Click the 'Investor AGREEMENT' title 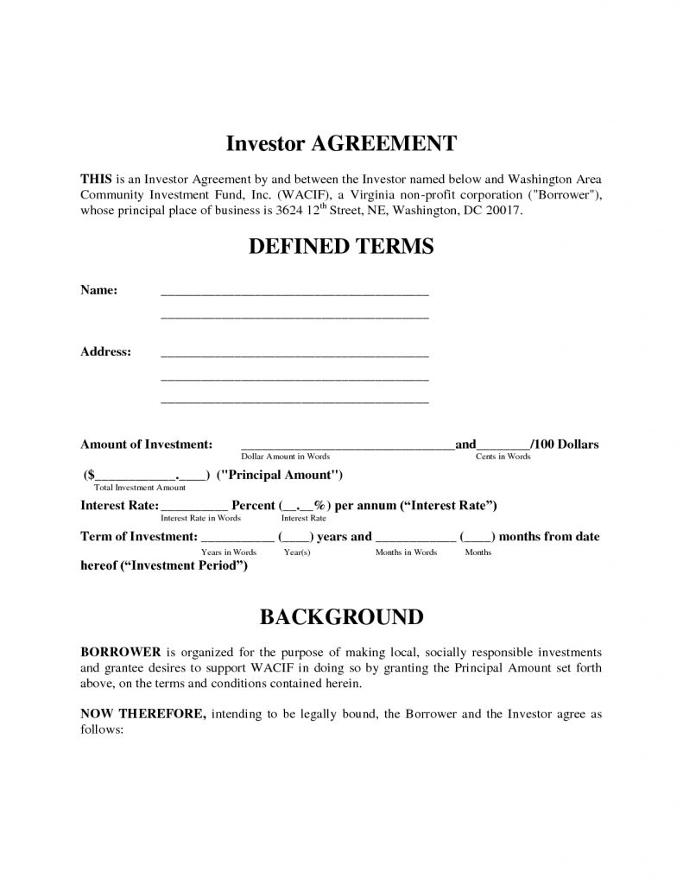340,142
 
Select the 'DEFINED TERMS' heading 340,247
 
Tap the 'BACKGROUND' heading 340,617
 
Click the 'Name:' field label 98,289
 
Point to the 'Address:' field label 105,351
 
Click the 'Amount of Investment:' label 146,444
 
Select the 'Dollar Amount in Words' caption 285,456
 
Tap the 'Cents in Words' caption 503,456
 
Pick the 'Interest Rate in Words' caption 201,518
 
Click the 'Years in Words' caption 229,552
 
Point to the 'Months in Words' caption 406,552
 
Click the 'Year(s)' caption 297,552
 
